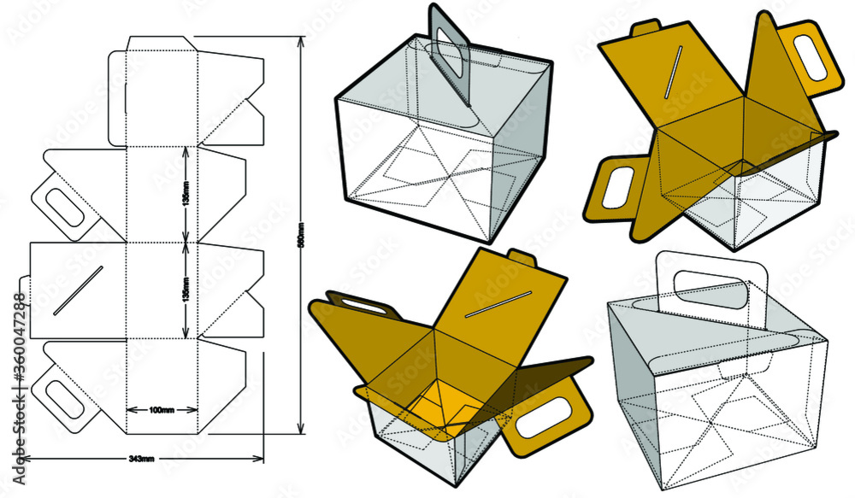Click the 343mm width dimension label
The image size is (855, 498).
coord(141,459)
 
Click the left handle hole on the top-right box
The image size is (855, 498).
coord(615,186)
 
